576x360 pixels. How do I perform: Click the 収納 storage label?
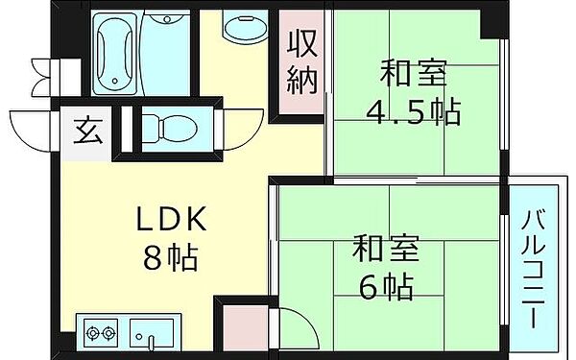pos(301,64)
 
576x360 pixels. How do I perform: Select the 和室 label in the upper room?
pos(414,73)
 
